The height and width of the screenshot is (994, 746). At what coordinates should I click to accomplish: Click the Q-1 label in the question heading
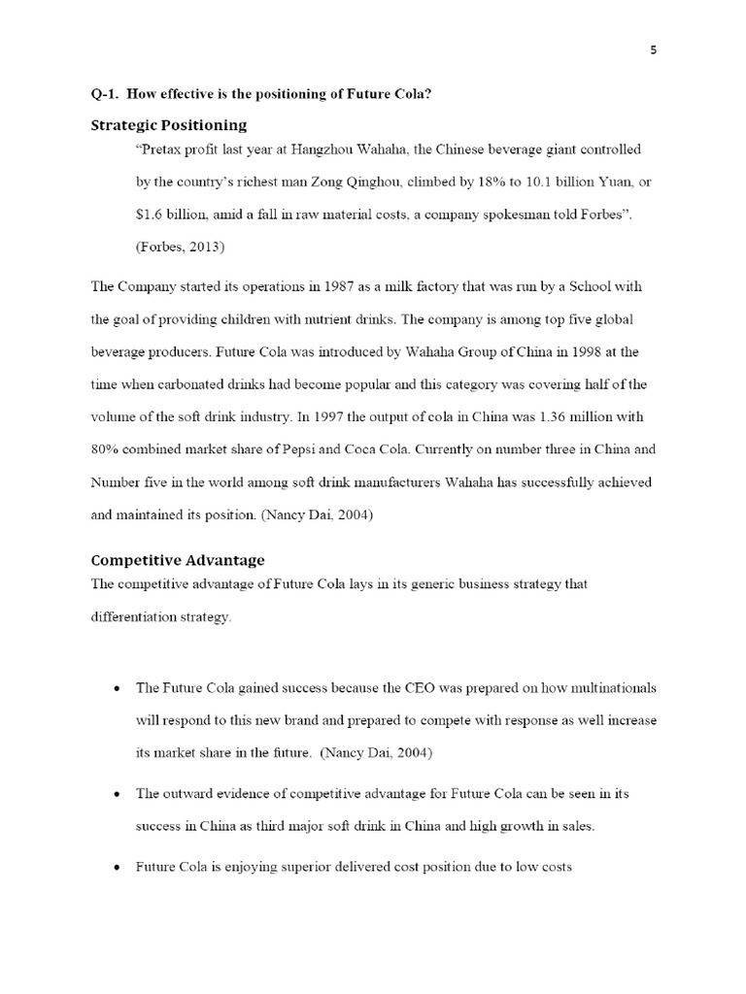[104, 96]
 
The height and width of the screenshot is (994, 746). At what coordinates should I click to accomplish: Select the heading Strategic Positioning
[168, 125]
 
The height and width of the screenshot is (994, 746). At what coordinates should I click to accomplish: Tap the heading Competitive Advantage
[178, 560]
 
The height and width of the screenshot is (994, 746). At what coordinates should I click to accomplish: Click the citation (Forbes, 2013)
[180, 248]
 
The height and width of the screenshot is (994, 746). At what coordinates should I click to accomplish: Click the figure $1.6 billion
[169, 215]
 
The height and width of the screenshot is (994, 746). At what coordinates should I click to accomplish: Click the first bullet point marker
[117, 689]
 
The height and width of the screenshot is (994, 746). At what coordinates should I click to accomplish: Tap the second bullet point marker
[117, 794]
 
